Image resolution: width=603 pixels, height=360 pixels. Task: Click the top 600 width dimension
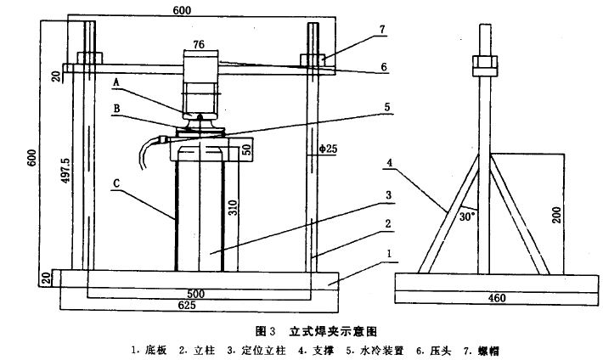[182, 8]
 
